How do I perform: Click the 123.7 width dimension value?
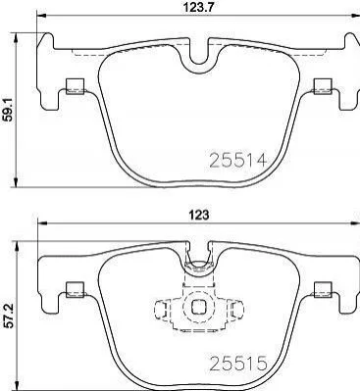(x=197, y=7)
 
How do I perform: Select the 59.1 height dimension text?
(x=9, y=109)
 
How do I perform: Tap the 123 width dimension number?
(x=199, y=215)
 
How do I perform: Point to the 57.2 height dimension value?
(x=9, y=316)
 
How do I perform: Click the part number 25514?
(x=238, y=160)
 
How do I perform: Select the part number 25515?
(x=238, y=364)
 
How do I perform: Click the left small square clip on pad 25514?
(x=75, y=86)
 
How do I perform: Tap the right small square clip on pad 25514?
(x=323, y=86)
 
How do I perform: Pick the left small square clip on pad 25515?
(x=75, y=290)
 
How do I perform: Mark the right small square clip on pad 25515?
(x=323, y=290)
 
